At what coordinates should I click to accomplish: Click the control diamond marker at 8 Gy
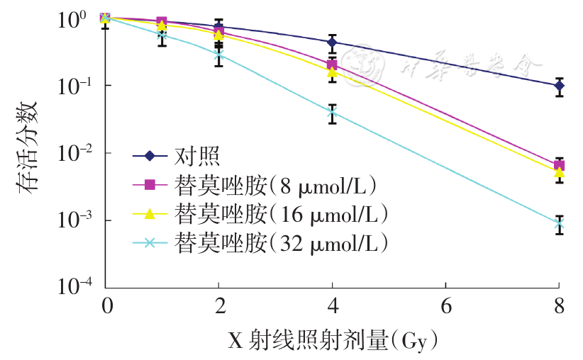(x=559, y=86)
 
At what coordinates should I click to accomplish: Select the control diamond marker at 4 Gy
(x=332, y=43)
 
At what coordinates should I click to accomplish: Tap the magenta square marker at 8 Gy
(x=559, y=165)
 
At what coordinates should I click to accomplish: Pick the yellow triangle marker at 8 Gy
(x=559, y=172)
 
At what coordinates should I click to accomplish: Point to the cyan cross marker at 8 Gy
(x=559, y=224)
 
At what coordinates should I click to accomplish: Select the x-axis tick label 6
(x=445, y=307)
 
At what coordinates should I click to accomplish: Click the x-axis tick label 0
(x=105, y=307)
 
